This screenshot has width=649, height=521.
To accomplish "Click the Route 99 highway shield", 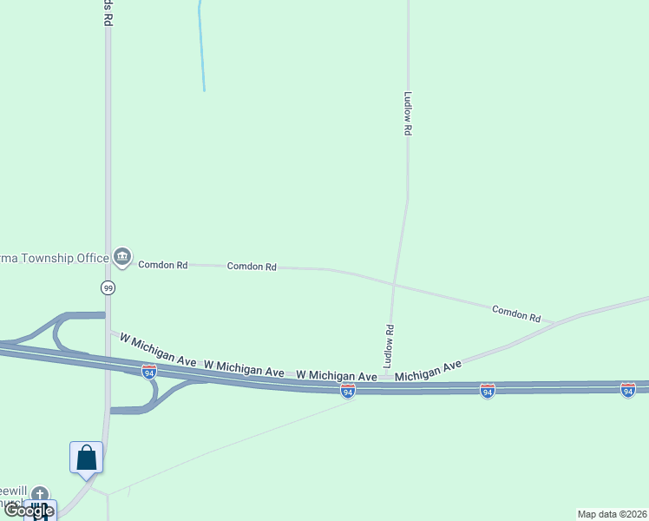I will point(108,287).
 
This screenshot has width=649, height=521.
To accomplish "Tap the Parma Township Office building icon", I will point(122,256).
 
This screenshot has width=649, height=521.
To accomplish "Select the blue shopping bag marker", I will point(87,457).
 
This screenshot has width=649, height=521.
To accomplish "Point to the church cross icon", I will point(41,494).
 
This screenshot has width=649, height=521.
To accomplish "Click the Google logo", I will point(29,511).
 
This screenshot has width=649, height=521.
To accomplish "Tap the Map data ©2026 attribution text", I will point(613,514).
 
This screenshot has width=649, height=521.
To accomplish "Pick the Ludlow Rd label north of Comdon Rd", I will point(406,113).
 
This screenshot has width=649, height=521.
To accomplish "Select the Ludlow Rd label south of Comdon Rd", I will point(390,344).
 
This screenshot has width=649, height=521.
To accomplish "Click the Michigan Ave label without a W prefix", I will point(429,373).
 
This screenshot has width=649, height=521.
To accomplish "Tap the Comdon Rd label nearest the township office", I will point(163,264).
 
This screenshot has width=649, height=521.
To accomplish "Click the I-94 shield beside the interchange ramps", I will point(149,372).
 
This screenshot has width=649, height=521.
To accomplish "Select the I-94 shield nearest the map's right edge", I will point(627,390).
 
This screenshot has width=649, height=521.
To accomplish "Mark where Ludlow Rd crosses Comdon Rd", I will point(394,284).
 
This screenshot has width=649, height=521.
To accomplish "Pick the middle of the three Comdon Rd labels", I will point(252,267).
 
